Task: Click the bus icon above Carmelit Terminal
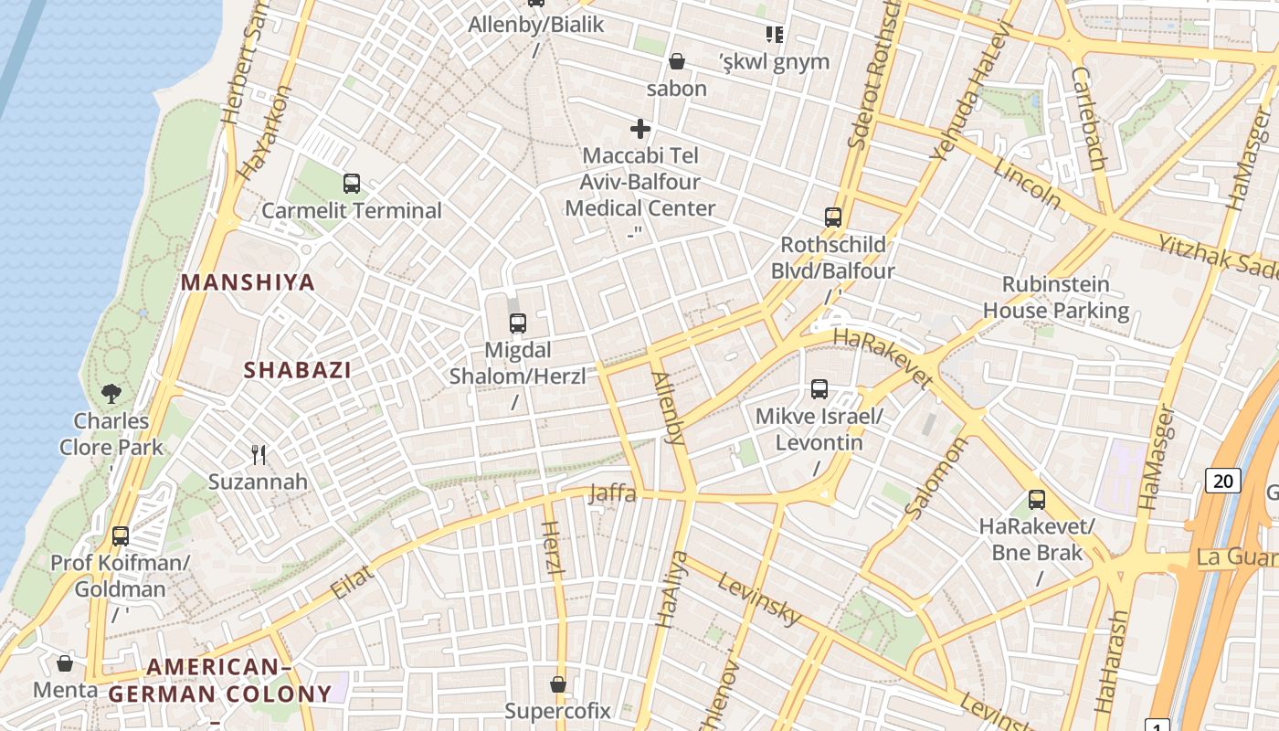point(352,184)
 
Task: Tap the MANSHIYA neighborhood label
point(248,282)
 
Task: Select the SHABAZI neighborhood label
point(298,370)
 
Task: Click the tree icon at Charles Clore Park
point(111,394)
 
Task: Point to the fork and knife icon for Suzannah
point(259,454)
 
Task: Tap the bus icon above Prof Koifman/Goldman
point(121,536)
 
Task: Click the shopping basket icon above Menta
point(65,663)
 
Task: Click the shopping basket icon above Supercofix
point(558,684)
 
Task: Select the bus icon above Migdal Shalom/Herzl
point(518,323)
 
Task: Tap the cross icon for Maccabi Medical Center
point(640,129)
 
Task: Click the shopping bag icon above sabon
point(677,62)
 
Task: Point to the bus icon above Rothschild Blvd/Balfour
point(833,217)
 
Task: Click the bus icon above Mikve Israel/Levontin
point(819,389)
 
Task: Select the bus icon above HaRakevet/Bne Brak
point(1037,500)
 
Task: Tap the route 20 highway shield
point(1224,481)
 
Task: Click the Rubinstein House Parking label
point(1056,297)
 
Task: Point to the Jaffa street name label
point(612,493)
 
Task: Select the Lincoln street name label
point(1028,183)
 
